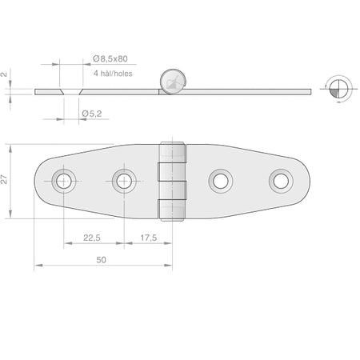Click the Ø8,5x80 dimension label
click(x=110, y=58)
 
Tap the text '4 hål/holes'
click(x=113, y=74)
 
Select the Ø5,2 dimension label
click(x=92, y=114)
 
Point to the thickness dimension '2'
click(x=4, y=74)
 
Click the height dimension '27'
click(x=4, y=179)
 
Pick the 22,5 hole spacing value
click(x=92, y=238)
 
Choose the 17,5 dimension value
click(x=149, y=238)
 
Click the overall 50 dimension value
click(x=101, y=260)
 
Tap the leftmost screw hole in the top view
click(x=64, y=181)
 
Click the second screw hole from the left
click(x=124, y=181)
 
